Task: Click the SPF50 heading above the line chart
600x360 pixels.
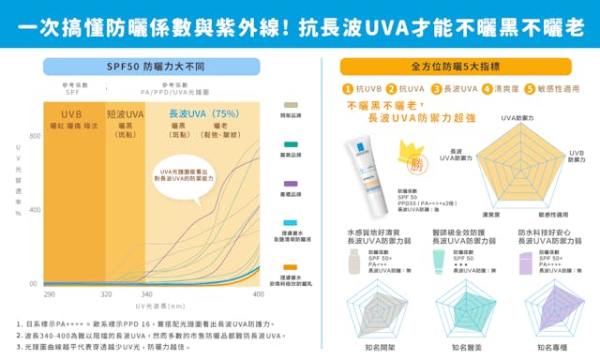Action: coord(155,67)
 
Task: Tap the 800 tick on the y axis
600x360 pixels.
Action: coord(35,137)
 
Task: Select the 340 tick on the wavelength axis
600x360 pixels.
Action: coord(146,294)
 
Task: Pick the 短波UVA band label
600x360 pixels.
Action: coord(125,113)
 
